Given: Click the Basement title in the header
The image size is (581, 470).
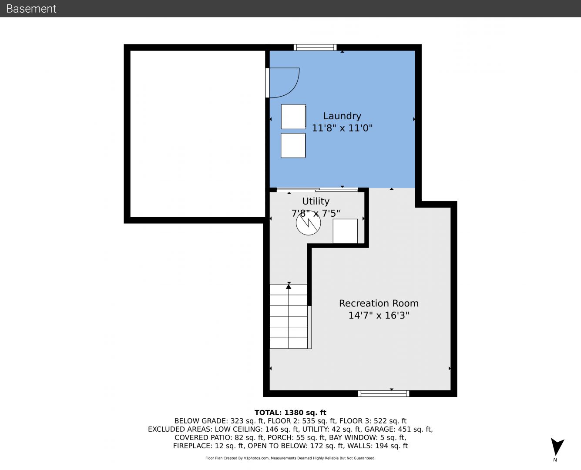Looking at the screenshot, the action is click(31, 9).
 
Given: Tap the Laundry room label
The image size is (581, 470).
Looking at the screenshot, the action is click(342, 116).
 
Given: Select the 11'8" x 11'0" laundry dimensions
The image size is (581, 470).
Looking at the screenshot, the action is click(342, 128).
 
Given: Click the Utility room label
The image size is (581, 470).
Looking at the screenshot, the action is click(316, 201).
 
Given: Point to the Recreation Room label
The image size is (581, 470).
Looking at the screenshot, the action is click(379, 303).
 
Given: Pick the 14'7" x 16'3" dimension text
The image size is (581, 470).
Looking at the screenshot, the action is click(379, 316).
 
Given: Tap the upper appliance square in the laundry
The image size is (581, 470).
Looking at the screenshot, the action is click(293, 117).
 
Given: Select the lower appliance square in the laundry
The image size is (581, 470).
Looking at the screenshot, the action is click(293, 145).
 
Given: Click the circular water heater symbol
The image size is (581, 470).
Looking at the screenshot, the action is click(308, 223).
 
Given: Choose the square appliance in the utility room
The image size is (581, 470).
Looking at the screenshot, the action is click(345, 231).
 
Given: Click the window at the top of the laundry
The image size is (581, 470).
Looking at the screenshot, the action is click(315, 47).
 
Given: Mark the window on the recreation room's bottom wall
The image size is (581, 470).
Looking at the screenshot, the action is click(383, 393).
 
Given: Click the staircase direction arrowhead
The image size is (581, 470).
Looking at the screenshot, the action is click(289, 286).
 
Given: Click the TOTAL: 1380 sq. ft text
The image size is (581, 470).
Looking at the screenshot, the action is click(290, 413).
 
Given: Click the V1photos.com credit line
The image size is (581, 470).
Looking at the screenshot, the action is click(290, 458).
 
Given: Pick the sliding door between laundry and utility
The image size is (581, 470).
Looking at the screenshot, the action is click(317, 189).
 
